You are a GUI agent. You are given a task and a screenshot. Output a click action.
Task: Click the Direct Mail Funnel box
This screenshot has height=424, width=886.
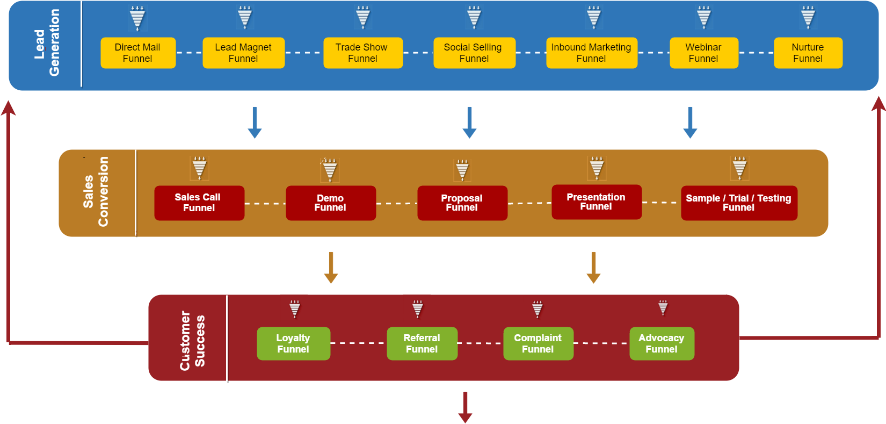coord(138,53)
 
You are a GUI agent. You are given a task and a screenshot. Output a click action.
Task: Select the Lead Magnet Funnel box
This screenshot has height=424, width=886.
coord(243,53)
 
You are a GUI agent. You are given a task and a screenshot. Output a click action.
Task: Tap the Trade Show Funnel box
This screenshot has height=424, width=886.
coord(362,53)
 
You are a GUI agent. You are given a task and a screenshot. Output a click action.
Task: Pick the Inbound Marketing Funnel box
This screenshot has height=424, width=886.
coord(591,53)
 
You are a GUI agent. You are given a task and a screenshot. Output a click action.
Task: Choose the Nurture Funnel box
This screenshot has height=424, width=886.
coord(808,53)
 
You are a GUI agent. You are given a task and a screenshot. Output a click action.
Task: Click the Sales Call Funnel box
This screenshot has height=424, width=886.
coord(199,203)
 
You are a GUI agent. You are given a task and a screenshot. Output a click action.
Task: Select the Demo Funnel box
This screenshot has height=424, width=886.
coord(330,203)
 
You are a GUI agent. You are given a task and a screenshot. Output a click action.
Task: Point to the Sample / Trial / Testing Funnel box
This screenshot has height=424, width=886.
coord(739,203)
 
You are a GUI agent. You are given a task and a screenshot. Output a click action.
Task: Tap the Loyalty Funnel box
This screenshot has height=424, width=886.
coord(293,343)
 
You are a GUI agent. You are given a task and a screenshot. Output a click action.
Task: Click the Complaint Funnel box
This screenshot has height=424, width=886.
coord(538,343)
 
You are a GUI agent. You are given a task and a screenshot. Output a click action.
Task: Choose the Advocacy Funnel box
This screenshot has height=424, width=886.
coord(662,343)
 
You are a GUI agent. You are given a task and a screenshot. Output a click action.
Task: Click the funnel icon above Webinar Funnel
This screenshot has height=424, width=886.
coord(703,17)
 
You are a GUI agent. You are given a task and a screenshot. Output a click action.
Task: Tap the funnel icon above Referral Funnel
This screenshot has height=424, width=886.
coord(418,309)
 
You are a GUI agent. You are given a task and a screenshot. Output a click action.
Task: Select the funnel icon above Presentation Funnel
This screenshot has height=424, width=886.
coord(597,168)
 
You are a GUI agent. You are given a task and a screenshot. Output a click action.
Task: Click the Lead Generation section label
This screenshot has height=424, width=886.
coord(47,43)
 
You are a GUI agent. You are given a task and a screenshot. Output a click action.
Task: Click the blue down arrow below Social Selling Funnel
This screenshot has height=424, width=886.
coord(469,123)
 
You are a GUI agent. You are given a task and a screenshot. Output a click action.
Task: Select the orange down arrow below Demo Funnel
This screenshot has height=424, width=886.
coord(331,267)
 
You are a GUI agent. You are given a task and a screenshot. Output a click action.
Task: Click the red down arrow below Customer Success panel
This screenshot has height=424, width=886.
coord(465,407)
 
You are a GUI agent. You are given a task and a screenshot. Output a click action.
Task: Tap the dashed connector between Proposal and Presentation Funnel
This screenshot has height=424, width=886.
coord(529,203)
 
